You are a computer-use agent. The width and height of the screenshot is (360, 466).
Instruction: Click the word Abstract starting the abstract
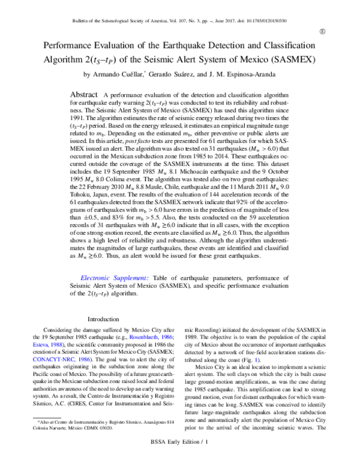(85, 95)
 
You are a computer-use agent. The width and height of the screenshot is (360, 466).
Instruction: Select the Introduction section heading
(105, 319)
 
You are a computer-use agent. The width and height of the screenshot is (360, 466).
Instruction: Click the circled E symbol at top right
(322, 31)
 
